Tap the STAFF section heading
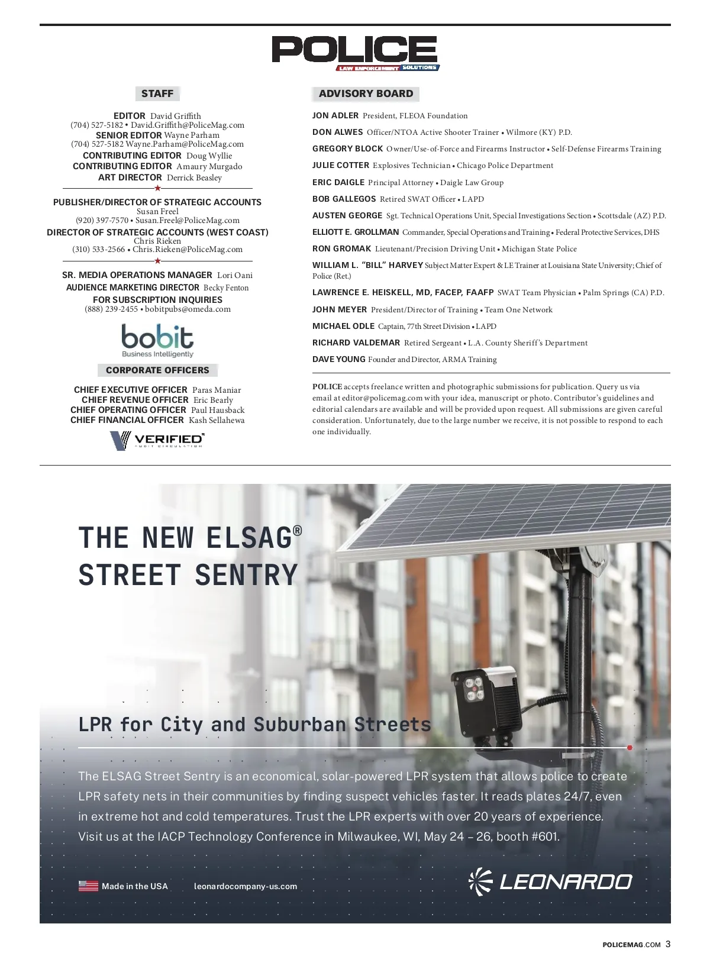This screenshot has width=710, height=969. pyautogui.click(x=157, y=93)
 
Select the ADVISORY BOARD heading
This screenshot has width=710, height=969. pyautogui.click(x=366, y=93)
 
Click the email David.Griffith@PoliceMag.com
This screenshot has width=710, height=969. pyautogui.click(x=188, y=125)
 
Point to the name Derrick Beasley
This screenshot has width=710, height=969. pyautogui.click(x=194, y=177)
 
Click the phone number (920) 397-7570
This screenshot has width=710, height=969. pyautogui.click(x=102, y=220)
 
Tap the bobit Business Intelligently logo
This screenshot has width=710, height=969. pyautogui.click(x=157, y=341)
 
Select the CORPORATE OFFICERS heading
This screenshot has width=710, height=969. pyautogui.click(x=157, y=370)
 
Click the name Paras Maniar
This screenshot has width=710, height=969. pyautogui.click(x=217, y=390)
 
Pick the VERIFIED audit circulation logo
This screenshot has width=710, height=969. pyautogui.click(x=157, y=440)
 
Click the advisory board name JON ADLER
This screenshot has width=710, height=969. pyautogui.click(x=335, y=116)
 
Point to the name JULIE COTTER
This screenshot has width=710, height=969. pyautogui.click(x=341, y=166)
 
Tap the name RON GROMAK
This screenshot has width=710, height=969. pyautogui.click(x=342, y=249)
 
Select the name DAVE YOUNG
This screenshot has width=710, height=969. pyautogui.click(x=339, y=360)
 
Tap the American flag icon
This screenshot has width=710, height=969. pyautogui.click(x=88, y=886)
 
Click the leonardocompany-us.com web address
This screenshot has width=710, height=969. pyautogui.click(x=246, y=886)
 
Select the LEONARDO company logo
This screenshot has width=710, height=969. pyautogui.click(x=550, y=882)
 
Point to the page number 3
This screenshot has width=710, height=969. pyautogui.click(x=668, y=944)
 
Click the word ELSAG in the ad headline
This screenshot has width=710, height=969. pyautogui.click(x=249, y=538)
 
